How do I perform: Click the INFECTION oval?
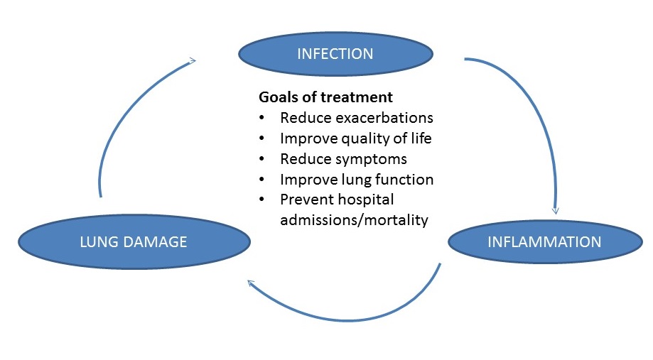click(x=335, y=53)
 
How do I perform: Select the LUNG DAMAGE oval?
click(x=134, y=242)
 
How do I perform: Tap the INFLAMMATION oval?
click(x=544, y=242)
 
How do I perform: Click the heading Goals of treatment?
click(x=325, y=97)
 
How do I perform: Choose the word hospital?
click(x=363, y=200)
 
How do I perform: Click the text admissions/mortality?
click(x=354, y=220)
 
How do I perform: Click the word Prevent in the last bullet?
click(x=304, y=200)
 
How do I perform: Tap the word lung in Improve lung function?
click(x=362, y=180)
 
